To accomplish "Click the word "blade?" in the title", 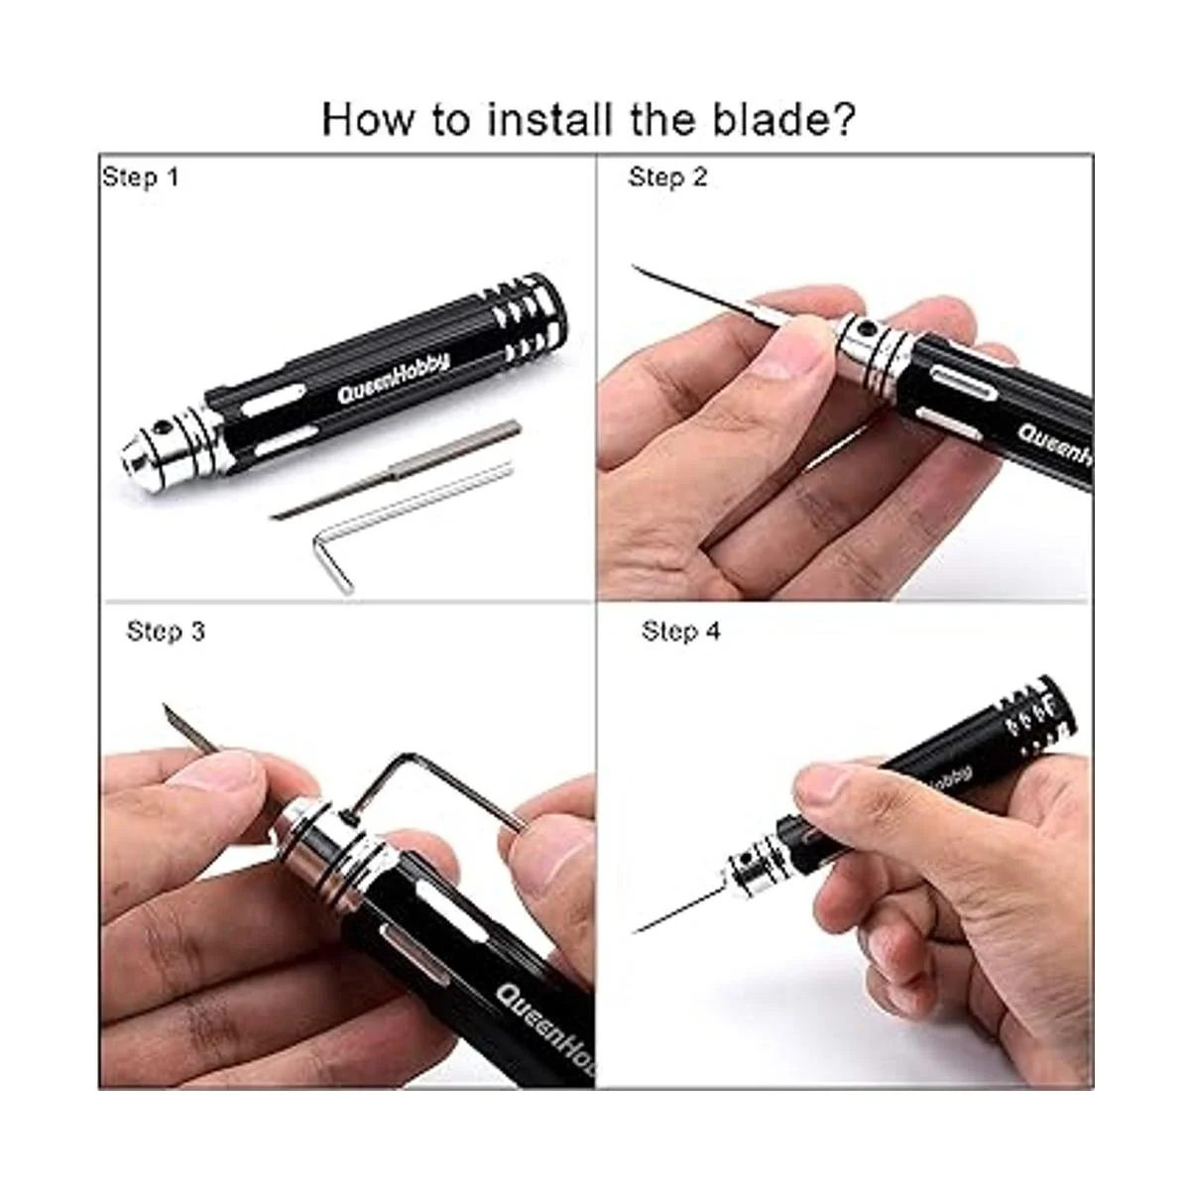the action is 784,119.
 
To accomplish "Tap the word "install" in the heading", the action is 550,119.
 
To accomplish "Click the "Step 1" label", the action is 141,178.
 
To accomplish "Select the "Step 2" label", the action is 667,178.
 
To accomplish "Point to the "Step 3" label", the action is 166,631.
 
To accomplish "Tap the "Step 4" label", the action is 680,631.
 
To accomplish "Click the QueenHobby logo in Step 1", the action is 394,378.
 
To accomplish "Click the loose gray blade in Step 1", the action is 396,469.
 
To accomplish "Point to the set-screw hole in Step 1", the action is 164,426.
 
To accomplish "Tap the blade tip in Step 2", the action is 634,267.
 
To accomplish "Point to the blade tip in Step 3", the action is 166,706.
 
